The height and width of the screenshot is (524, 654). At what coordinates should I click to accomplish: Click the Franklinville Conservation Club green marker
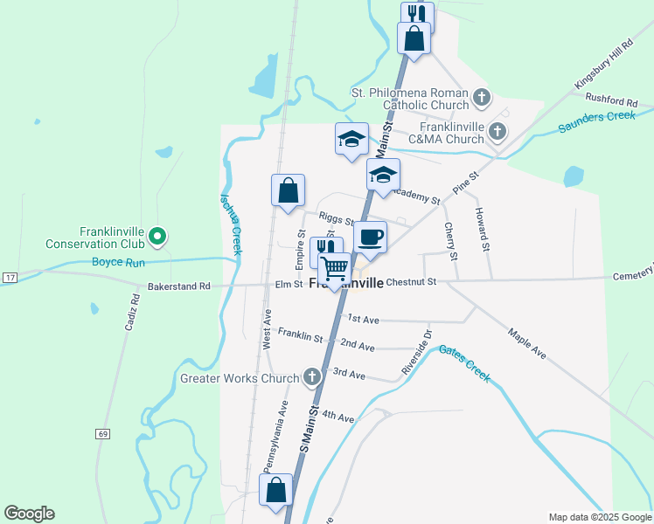(x=157, y=235)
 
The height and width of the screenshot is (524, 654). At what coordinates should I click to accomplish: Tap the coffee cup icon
(x=371, y=238)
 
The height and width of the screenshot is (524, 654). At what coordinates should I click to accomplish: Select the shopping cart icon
(x=334, y=268)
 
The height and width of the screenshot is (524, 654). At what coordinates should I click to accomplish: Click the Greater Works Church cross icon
(x=311, y=378)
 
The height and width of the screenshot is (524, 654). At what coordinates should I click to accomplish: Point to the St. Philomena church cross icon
(x=482, y=98)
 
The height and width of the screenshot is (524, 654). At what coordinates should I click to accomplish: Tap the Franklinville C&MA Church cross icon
(x=497, y=133)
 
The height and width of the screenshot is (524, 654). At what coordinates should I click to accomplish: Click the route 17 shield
(x=10, y=277)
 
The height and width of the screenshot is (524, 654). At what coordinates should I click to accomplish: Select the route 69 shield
(x=103, y=434)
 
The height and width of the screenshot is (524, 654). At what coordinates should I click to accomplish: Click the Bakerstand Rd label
(x=179, y=286)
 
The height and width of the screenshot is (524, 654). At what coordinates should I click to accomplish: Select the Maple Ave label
(x=526, y=342)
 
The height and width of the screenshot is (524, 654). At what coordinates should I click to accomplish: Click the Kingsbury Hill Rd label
(x=603, y=64)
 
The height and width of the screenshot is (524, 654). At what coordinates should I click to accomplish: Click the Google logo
(x=29, y=514)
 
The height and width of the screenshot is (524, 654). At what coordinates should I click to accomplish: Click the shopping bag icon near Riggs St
(x=289, y=190)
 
